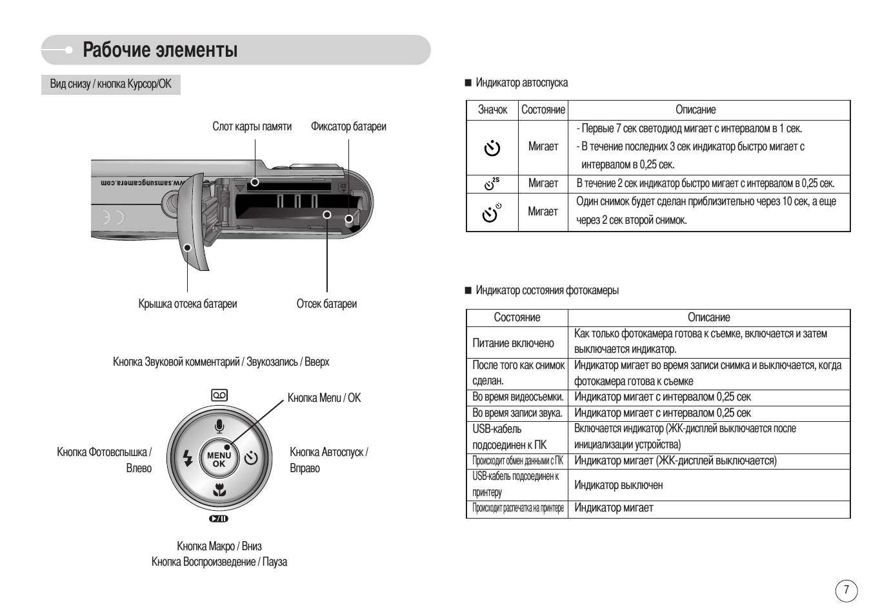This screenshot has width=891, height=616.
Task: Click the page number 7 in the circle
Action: coord(846,591)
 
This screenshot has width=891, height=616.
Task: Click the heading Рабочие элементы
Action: coord(160,50)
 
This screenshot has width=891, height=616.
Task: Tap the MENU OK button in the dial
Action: coord(219,459)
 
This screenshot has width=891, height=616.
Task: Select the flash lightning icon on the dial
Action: coord(188,459)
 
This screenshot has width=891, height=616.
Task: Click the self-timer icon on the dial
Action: coord(250,459)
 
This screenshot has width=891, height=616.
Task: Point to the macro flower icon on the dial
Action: coord(219,490)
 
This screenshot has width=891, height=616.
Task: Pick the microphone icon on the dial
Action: coord(219,426)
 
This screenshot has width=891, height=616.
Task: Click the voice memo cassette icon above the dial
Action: coord(219,395)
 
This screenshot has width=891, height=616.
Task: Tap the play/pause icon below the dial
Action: coord(219,519)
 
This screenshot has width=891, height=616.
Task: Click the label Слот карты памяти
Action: coord(252,126)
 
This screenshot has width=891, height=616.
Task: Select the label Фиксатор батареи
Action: coord(348,126)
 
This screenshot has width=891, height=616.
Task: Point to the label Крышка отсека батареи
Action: coord(188,304)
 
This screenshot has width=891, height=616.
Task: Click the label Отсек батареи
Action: coord(326,304)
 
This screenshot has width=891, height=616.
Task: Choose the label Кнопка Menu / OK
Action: coord(324,398)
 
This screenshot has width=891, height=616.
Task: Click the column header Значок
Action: coord(492,110)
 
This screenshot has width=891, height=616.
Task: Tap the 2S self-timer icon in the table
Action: coord(492,184)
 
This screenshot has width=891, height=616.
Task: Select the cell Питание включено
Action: coord(513,343)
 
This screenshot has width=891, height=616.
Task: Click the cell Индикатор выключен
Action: coord(618,485)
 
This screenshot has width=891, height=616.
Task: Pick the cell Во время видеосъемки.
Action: coord(517,397)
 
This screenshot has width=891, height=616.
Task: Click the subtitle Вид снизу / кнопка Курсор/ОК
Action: coord(110,84)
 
